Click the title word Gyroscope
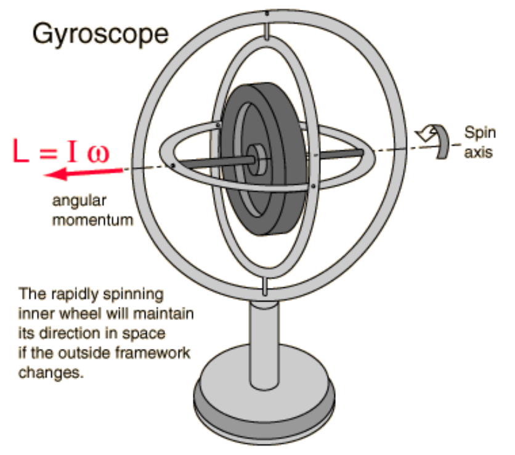100,34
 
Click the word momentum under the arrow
92,219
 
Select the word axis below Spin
478,151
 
